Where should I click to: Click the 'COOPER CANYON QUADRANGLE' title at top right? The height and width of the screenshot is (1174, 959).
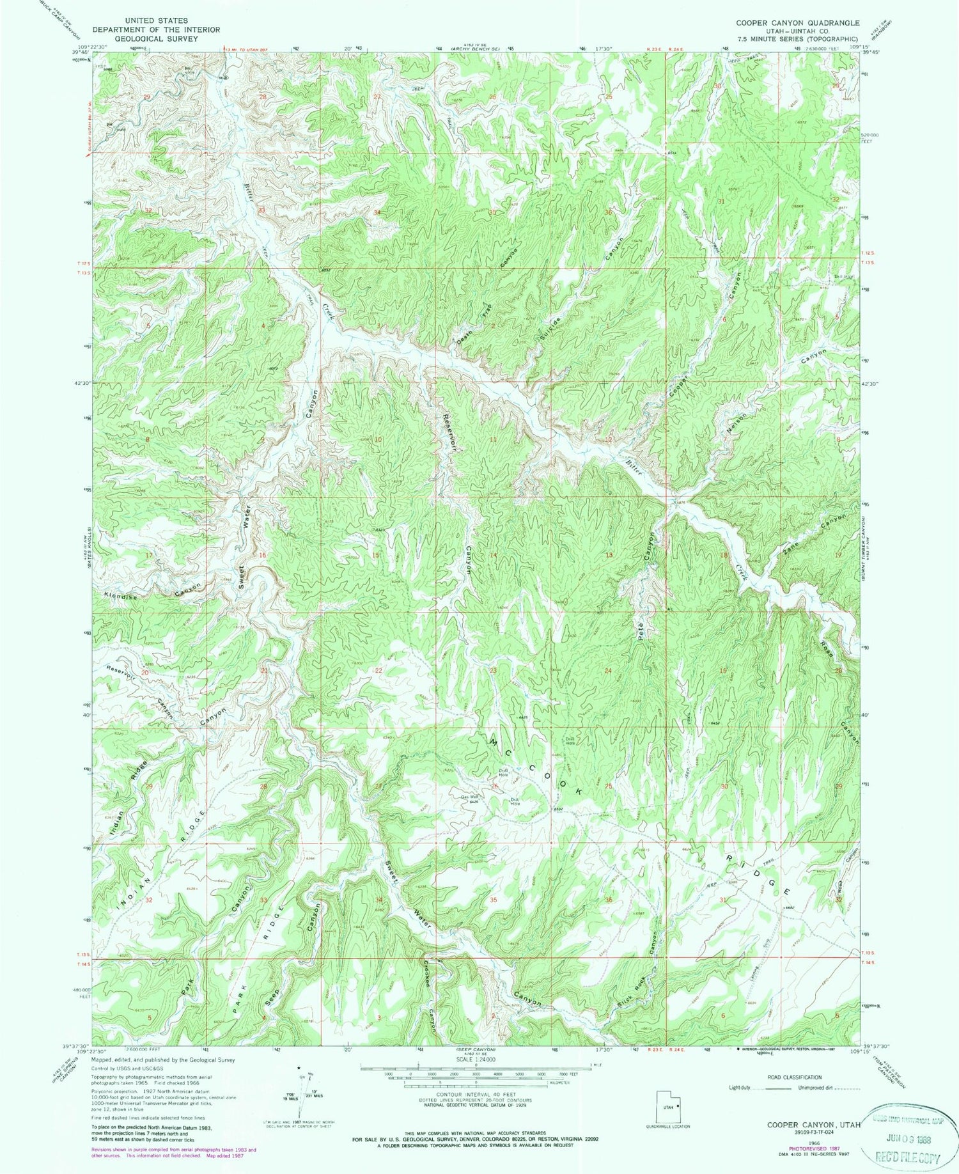797,22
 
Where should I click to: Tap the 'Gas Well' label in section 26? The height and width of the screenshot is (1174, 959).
470,797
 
